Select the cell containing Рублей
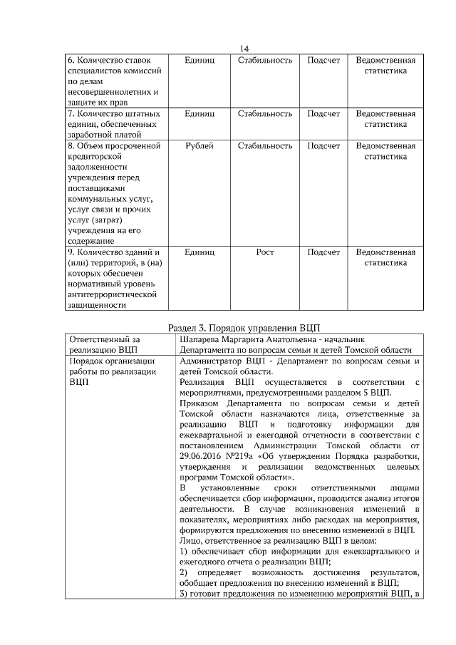click(x=199, y=146)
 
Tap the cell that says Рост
click(x=264, y=252)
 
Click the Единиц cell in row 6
click(x=199, y=61)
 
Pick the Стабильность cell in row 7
click(x=264, y=114)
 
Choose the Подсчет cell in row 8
click(x=323, y=146)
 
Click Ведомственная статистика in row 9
click(x=385, y=257)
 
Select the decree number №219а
click(x=240, y=456)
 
